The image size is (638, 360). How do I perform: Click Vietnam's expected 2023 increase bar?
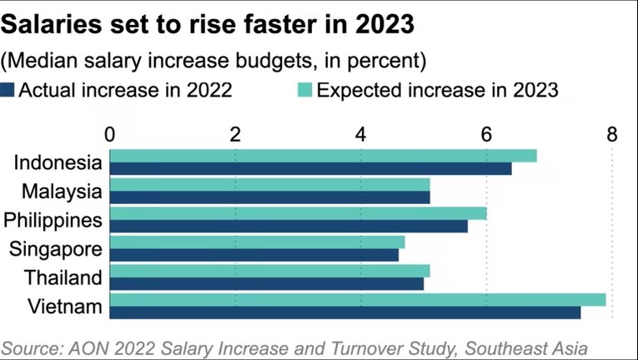pyautogui.click(x=358, y=300)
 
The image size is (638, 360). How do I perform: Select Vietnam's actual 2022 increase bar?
pyautogui.click(x=345, y=312)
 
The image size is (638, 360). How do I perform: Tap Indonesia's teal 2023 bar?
pyautogui.click(x=324, y=156)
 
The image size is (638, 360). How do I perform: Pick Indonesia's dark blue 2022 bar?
pyautogui.click(x=311, y=168)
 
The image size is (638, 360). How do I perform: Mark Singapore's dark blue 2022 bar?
pyautogui.click(x=254, y=255)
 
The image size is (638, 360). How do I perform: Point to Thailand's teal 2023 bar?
pyautogui.click(x=270, y=271)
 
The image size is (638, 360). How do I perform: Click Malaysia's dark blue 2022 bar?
pyautogui.click(x=270, y=197)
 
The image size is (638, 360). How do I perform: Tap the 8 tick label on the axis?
pyautogui.click(x=612, y=134)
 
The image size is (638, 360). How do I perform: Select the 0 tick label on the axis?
pyautogui.click(x=110, y=134)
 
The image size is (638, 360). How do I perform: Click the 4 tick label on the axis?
pyautogui.click(x=361, y=134)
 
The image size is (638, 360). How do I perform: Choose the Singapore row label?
pyautogui.click(x=56, y=248)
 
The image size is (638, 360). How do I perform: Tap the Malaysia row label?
pyautogui.click(x=62, y=191)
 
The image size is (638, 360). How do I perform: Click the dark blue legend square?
pyautogui.click(x=8, y=90)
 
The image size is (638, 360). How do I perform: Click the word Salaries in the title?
pyautogui.click(x=52, y=24)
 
